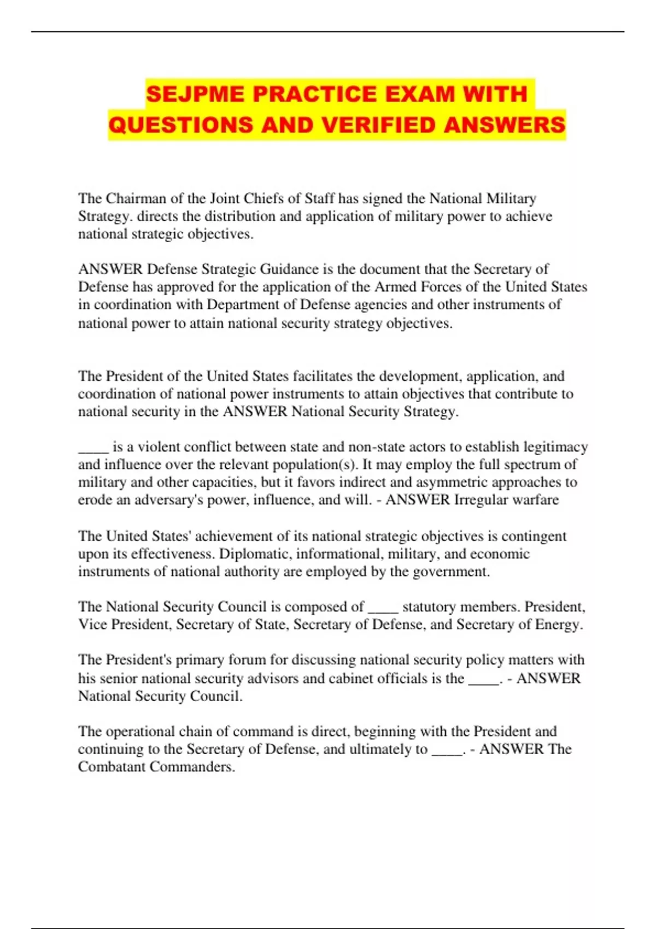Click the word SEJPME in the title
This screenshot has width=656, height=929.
click(195, 94)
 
